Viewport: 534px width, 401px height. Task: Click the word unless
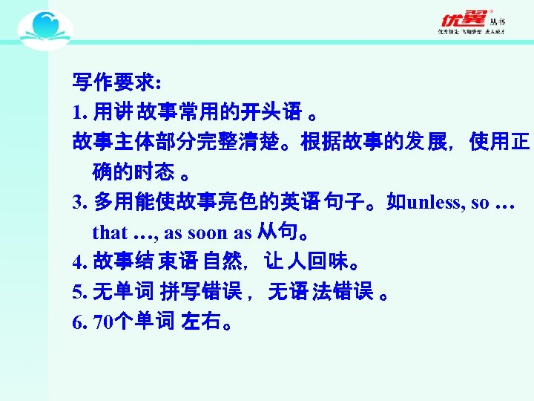pyautogui.click(x=435, y=203)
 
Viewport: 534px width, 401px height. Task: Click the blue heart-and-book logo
pyautogui.click(x=44, y=30)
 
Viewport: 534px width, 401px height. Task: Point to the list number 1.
pyautogui.click(x=78, y=112)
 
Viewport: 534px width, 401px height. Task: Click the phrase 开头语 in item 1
pyautogui.click(x=277, y=112)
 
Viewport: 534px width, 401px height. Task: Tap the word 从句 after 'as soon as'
pyautogui.click(x=275, y=232)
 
